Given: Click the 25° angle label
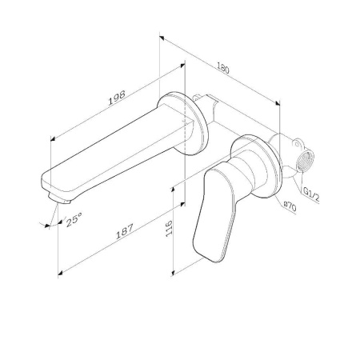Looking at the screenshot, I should coord(74,218).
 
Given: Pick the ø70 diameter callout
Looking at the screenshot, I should coord(290,206).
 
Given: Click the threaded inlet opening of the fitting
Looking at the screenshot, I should coord(305,163).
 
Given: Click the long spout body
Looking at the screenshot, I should coord(112,152).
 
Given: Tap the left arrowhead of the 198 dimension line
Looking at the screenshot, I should coord(54,137).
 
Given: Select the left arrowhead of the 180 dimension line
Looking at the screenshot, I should coord(162,36).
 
